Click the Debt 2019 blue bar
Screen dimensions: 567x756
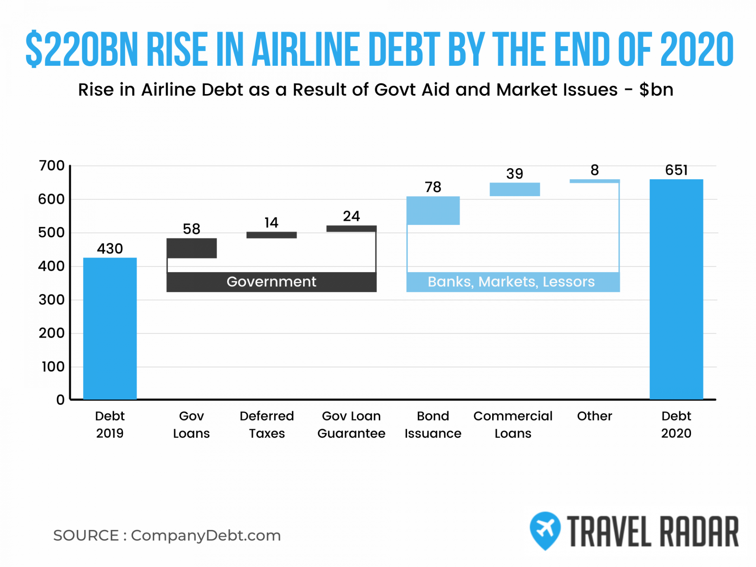pyautogui.click(x=110, y=329)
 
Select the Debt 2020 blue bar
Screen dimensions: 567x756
pyautogui.click(x=676, y=289)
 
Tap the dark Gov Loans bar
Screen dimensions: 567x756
pyautogui.click(x=191, y=248)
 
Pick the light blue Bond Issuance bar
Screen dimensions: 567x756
pyautogui.click(x=433, y=211)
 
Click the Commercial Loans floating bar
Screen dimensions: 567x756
pyautogui.click(x=515, y=189)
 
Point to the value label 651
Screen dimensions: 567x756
pyautogui.click(x=676, y=170)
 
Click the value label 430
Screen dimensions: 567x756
pyautogui.click(x=110, y=248)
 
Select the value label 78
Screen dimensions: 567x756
pyautogui.click(x=433, y=187)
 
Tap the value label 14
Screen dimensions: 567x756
pyautogui.click(x=271, y=223)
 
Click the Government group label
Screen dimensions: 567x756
pyautogui.click(x=271, y=282)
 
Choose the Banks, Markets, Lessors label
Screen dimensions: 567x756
pyautogui.click(x=511, y=282)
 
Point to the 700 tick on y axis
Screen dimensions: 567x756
pyautogui.click(x=52, y=166)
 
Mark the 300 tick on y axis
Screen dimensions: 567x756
pyautogui.click(x=52, y=300)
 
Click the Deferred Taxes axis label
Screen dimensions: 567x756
pyautogui.click(x=267, y=424)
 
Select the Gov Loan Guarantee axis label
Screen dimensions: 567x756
pyautogui.click(x=351, y=424)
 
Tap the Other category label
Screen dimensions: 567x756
pyautogui.click(x=595, y=416)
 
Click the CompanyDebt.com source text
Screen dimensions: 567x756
pyautogui.click(x=206, y=535)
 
